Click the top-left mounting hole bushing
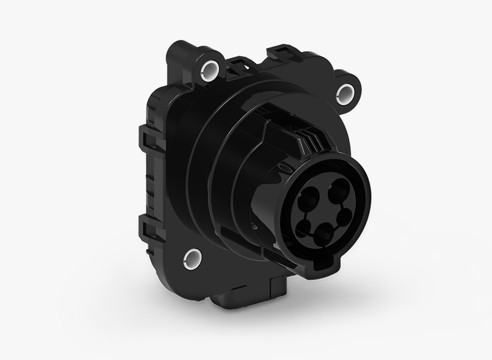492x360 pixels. (x=211, y=68)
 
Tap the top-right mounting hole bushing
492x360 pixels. (x=346, y=92)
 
